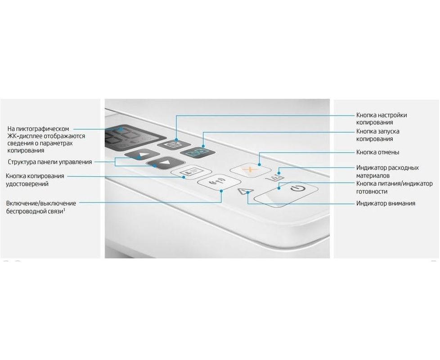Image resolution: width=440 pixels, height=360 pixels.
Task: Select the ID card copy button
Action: [191, 171]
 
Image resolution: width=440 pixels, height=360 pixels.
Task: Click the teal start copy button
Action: [198, 153]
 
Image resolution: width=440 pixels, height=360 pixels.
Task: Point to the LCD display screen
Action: [135, 138]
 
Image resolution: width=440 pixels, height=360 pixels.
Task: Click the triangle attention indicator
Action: [245, 191]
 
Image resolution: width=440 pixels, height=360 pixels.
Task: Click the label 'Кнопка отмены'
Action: [377, 153]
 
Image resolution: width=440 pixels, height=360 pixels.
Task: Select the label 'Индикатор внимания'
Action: [386, 203]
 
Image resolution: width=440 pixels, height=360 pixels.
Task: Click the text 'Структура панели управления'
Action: [49, 162]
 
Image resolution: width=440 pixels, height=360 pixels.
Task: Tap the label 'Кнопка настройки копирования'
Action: [382, 119]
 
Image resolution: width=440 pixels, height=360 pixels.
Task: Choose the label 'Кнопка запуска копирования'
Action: [378, 135]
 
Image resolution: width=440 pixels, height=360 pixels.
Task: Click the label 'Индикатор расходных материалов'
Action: [387, 171]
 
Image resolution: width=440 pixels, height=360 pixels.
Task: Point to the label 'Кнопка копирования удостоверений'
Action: [35, 180]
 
